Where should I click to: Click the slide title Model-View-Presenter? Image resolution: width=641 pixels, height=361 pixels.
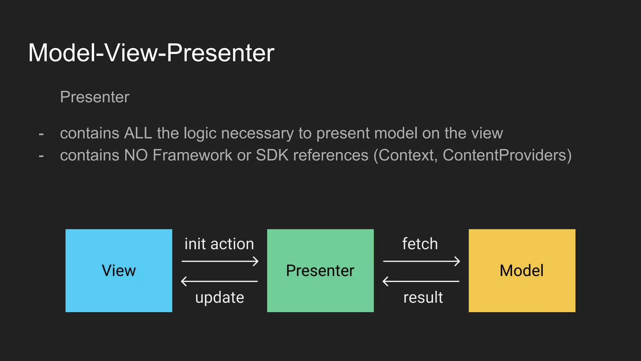(151, 53)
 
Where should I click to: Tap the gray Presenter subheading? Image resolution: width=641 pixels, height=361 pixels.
(95, 97)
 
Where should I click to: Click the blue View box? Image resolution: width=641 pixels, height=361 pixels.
(119, 270)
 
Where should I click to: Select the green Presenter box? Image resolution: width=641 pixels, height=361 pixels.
(320, 270)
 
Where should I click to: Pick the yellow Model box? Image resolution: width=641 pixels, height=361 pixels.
(522, 270)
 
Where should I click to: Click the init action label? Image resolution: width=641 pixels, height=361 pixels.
(219, 244)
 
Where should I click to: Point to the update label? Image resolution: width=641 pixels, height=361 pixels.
(219, 297)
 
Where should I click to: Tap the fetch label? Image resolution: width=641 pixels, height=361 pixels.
(420, 244)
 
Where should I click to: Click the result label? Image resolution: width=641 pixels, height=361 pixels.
(423, 297)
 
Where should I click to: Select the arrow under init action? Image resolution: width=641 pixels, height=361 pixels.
(220, 261)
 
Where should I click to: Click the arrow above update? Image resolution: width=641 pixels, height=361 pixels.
(219, 281)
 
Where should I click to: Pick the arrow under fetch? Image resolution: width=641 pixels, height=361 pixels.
(421, 261)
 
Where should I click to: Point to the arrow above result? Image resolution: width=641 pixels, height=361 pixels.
(421, 281)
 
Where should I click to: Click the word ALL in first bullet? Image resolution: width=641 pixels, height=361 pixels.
(138, 133)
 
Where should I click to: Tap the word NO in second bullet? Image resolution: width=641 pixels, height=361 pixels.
(136, 155)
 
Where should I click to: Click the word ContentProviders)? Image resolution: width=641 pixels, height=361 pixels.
(507, 155)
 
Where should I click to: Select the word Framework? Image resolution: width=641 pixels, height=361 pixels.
(192, 155)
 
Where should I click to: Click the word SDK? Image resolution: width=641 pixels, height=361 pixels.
(272, 155)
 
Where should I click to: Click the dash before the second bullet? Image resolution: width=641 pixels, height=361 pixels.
(41, 156)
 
